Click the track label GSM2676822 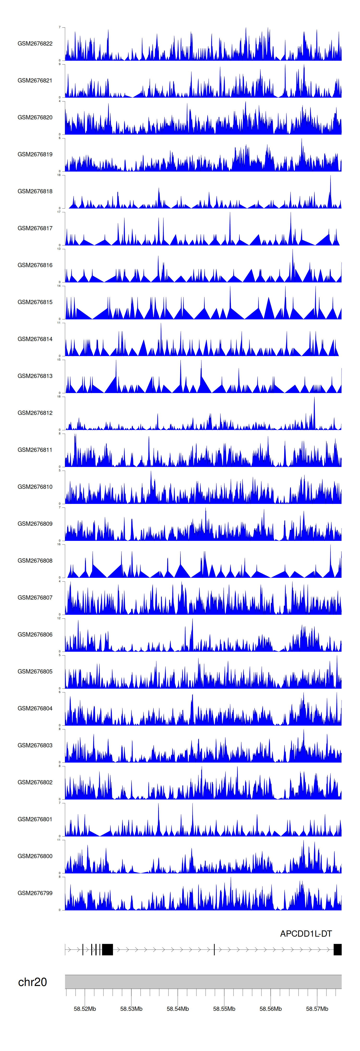click(35, 44)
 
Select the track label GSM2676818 click(35, 191)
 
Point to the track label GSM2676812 click(35, 413)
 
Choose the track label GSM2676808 click(35, 561)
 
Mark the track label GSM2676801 click(35, 819)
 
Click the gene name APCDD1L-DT click(306, 933)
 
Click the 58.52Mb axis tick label click(85, 1009)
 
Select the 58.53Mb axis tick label click(132, 1009)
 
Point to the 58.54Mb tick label click(178, 1009)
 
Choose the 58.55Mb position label click(224, 1009)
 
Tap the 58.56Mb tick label click(271, 1009)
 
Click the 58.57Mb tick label click(317, 1009)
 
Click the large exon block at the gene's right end click(337, 949)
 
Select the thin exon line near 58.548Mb click(214, 949)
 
